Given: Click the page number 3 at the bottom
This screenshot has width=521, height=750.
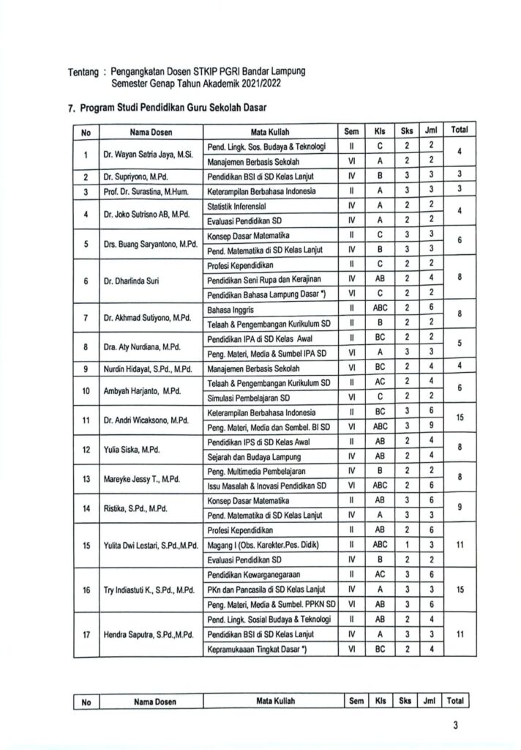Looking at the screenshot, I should pos(455,727).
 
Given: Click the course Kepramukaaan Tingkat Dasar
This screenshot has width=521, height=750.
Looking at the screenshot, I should pos(256,648).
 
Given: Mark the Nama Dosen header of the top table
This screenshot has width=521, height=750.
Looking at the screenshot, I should pos(150,132).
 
